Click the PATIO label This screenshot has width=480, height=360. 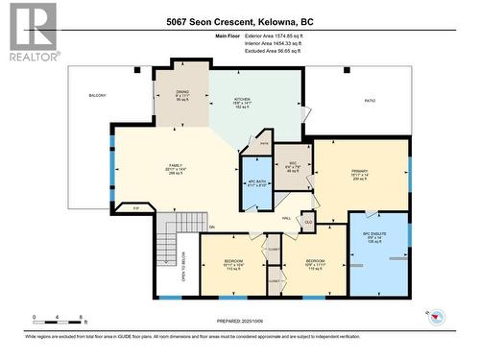368,100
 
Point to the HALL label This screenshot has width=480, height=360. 286,218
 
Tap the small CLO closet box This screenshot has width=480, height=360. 308,221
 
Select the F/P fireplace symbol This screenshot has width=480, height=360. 136,208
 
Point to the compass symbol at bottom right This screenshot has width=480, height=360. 436,317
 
